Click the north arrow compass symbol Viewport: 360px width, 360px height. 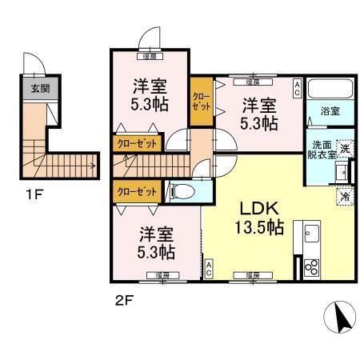341,320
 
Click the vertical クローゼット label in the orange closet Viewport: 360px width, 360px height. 200,101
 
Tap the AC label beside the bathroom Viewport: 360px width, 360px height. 296,87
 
